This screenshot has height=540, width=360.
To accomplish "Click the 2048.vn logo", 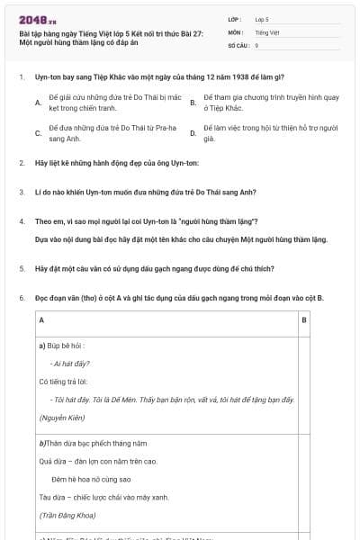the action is [x=38, y=20].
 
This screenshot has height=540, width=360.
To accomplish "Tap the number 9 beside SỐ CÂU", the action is [x=257, y=44].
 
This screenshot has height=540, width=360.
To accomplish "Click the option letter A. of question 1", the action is [x=38, y=103].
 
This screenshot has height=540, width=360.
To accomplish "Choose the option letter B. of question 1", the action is [x=193, y=103].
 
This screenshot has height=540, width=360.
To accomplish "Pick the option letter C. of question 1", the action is [x=38, y=134].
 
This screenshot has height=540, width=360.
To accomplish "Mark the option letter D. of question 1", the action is [x=193, y=134].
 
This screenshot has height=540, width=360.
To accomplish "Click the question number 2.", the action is [x=21, y=163].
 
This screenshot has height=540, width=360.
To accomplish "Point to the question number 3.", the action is [x=21, y=192].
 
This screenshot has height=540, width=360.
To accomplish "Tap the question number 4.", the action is [x=21, y=220].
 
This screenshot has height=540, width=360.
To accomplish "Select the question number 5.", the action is [x=21, y=268].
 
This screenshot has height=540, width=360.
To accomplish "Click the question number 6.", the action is [x=21, y=297].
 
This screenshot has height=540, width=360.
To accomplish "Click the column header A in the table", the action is [x=41, y=319].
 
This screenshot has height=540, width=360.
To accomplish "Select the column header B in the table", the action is [x=303, y=319].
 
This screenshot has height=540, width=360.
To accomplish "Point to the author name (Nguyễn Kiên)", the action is [x=60, y=418].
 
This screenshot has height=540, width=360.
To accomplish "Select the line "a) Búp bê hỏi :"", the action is [x=61, y=345].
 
